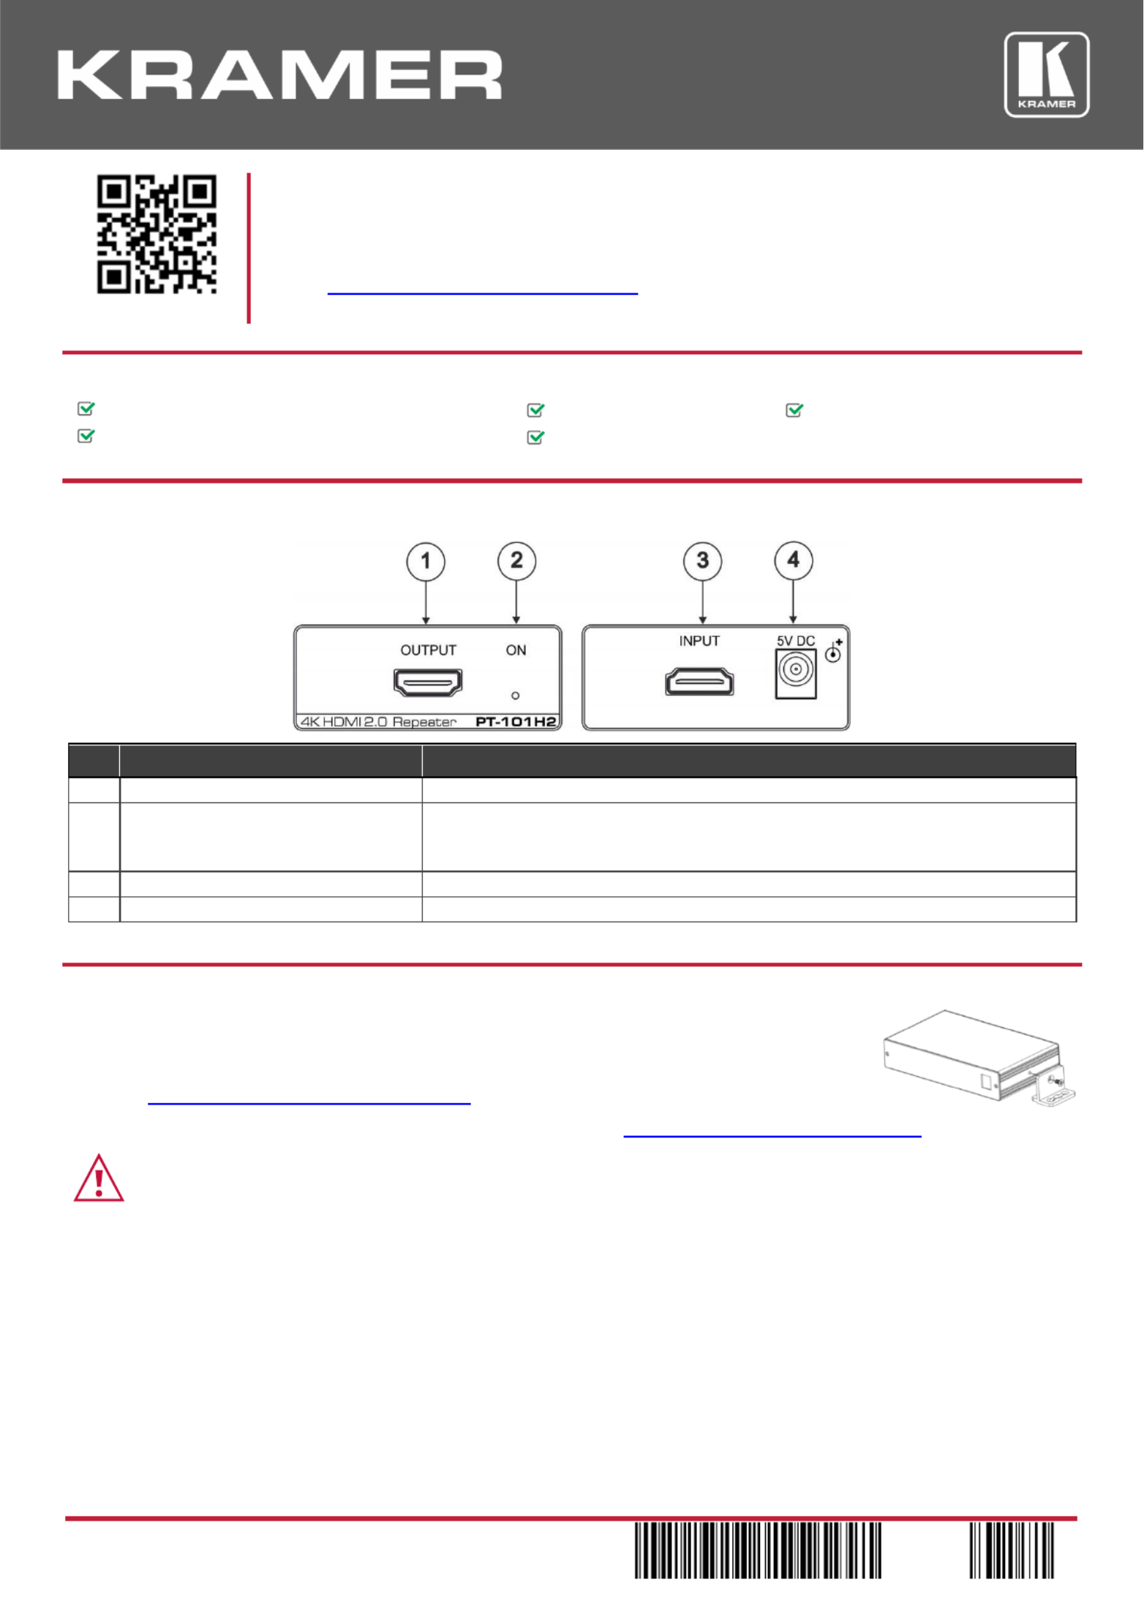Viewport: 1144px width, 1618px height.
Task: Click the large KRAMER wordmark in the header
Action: (280, 75)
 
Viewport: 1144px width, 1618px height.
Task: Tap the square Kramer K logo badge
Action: (1047, 75)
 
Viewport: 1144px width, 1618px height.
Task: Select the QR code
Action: (157, 234)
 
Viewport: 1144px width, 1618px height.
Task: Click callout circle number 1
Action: (426, 562)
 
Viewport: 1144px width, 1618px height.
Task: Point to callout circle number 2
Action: (516, 561)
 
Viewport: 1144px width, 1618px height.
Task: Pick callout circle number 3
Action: (702, 561)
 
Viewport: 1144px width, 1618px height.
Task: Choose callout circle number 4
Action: (794, 561)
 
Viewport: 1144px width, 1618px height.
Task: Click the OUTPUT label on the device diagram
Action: (428, 650)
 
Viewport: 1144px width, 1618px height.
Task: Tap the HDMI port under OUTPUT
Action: (428, 682)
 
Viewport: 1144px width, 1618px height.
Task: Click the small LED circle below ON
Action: (516, 696)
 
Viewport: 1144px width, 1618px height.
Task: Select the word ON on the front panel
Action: (516, 650)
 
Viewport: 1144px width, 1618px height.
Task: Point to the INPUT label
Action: (699, 641)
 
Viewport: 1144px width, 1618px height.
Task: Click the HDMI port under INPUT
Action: (699, 682)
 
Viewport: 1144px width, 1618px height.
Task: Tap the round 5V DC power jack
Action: (796, 669)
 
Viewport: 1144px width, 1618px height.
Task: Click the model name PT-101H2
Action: (516, 722)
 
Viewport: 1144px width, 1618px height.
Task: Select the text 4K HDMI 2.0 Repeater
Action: (379, 722)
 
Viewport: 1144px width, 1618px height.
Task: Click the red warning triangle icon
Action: (99, 1178)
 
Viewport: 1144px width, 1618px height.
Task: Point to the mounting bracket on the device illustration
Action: (1053, 1087)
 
